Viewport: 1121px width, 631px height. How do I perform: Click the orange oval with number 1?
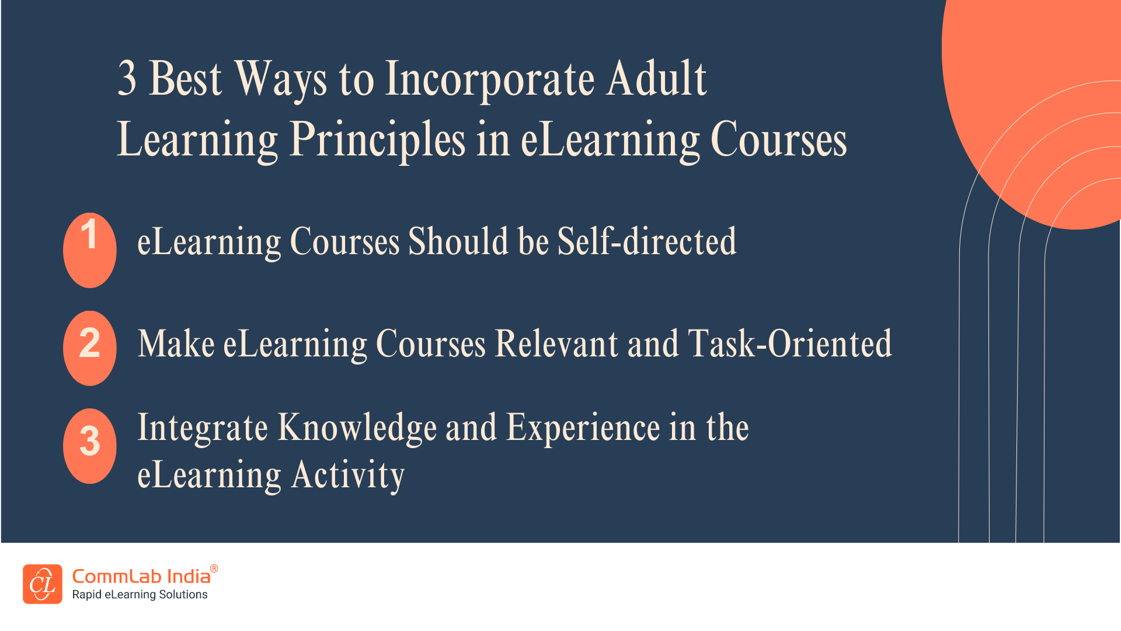click(x=89, y=250)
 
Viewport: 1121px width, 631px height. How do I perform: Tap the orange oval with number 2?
click(x=89, y=348)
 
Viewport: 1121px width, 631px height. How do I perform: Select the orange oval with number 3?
click(x=89, y=446)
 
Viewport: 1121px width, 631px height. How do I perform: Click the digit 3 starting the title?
click(x=127, y=79)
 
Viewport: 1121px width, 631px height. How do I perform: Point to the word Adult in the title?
click(x=656, y=79)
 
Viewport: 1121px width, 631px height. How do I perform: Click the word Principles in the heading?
click(x=377, y=140)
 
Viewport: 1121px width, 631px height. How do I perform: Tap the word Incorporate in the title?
click(x=490, y=81)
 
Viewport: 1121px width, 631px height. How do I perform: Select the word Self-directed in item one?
click(x=647, y=241)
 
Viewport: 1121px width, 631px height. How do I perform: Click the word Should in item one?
click(x=458, y=241)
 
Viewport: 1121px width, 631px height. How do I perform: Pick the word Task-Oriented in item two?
click(x=790, y=344)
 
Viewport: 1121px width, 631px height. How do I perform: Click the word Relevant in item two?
click(x=556, y=344)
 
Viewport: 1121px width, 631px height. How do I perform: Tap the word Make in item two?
click(x=176, y=344)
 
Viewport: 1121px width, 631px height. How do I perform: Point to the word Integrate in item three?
click(x=203, y=428)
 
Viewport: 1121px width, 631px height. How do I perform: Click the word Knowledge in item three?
click(x=357, y=428)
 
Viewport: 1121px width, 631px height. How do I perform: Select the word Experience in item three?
click(x=583, y=428)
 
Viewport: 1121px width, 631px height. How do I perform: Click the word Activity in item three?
click(x=348, y=475)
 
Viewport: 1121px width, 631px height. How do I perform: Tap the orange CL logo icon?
click(x=43, y=584)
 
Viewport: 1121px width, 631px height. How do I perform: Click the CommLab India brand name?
click(x=141, y=577)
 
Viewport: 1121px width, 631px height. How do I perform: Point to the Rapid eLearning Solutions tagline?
click(x=140, y=595)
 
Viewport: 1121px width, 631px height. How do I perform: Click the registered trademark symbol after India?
click(x=214, y=568)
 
